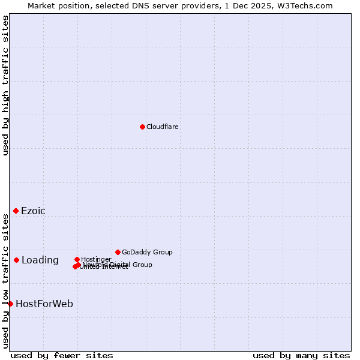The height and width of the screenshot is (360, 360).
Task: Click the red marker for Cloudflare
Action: coord(142,127)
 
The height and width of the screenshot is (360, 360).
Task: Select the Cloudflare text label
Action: coord(163,127)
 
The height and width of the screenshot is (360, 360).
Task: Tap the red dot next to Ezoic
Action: coord(16,211)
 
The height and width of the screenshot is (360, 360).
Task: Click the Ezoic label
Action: coord(33,211)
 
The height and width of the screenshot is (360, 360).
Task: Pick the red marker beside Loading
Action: coord(17,260)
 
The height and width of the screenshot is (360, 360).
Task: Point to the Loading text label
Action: coord(40,260)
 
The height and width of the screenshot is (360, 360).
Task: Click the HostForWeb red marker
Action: coord(11,304)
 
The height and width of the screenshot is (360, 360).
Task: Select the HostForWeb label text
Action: coord(44,304)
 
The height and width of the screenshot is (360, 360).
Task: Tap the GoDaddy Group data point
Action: coord(118,252)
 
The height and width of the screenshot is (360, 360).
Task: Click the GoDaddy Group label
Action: coord(147,252)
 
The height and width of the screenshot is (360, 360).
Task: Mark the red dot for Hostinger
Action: coord(77,259)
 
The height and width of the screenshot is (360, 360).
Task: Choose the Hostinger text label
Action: coord(96,259)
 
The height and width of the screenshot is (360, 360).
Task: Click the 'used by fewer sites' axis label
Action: coord(62,355)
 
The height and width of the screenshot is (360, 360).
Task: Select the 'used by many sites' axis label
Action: coord(301,355)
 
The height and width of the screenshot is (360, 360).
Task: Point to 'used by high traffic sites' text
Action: coord(6,85)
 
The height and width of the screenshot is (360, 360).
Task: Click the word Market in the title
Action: coord(43,5)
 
